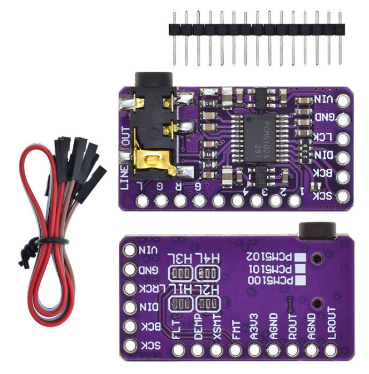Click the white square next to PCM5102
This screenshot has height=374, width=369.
[301, 257]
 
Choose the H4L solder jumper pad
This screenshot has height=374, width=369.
[208, 274]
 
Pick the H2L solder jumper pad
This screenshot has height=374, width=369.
[208, 304]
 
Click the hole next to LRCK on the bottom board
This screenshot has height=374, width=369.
[130, 288]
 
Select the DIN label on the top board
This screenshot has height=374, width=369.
[326, 156]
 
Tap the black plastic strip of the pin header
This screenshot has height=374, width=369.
[256, 29]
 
